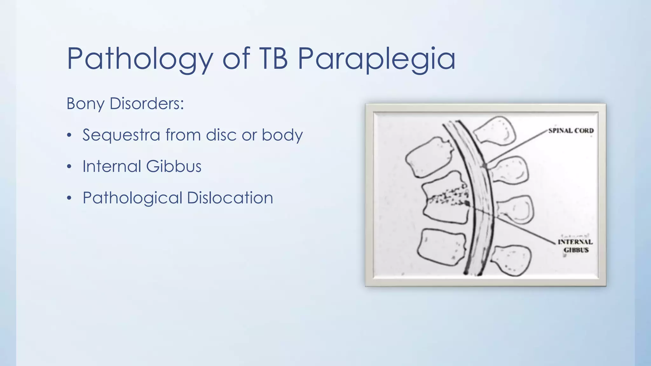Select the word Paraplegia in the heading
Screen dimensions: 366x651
click(376, 59)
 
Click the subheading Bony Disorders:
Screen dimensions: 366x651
click(125, 104)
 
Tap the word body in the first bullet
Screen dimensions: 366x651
click(282, 135)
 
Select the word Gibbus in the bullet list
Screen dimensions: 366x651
click(174, 166)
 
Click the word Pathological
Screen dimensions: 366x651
click(132, 198)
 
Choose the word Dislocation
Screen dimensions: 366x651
click(230, 198)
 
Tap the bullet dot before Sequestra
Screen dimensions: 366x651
click(69, 135)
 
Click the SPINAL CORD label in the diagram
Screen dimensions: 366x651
click(571, 131)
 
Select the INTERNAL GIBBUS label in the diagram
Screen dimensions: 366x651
click(576, 246)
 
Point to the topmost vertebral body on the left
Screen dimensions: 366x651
click(429, 157)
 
